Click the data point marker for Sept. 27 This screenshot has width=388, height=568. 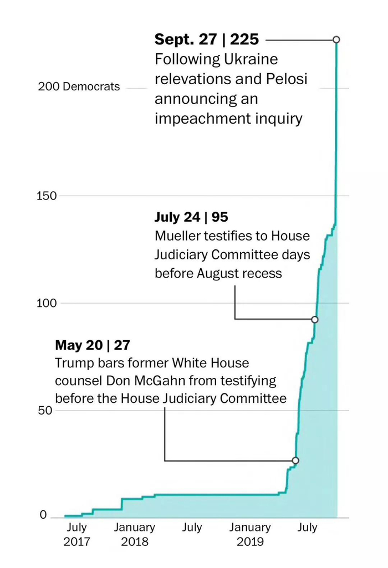(x=336, y=39)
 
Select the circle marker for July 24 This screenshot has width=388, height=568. (x=315, y=320)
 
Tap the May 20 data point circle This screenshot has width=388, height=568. (x=295, y=460)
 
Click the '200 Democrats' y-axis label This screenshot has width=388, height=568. (x=79, y=86)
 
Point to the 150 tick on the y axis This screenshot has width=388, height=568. (x=47, y=196)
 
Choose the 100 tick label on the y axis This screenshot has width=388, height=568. (x=47, y=303)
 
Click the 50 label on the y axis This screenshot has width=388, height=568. (x=45, y=411)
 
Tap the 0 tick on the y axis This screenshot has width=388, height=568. (x=43, y=515)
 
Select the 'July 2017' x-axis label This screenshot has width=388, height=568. (x=76, y=534)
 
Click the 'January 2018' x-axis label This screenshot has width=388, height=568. (x=134, y=534)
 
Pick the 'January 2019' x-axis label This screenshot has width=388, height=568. (x=250, y=534)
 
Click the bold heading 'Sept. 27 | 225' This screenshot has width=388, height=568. (x=207, y=39)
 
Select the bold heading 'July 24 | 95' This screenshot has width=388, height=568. (x=191, y=217)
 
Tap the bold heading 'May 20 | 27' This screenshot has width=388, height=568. (x=93, y=345)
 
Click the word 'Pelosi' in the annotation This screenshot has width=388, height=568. (x=287, y=79)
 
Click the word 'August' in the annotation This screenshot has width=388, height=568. (x=219, y=274)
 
